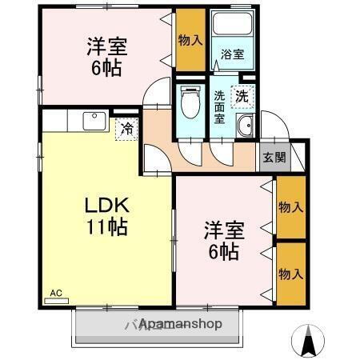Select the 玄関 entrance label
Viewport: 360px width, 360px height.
(x=273, y=158)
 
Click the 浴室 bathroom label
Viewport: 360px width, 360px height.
(x=233, y=54)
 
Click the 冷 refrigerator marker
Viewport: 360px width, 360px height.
(x=126, y=128)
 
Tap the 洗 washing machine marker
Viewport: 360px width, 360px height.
(x=241, y=96)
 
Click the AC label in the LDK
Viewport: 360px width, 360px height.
(x=55, y=293)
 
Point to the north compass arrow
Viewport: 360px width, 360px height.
(x=308, y=342)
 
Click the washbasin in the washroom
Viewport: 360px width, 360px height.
(x=245, y=126)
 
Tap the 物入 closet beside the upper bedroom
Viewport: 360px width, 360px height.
(x=190, y=39)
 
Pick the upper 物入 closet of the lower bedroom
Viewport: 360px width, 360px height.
(x=290, y=207)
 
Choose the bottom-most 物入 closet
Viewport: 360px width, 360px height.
(x=290, y=274)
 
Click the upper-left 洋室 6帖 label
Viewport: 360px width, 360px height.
(x=106, y=55)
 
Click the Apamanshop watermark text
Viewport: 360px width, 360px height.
(x=172, y=326)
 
